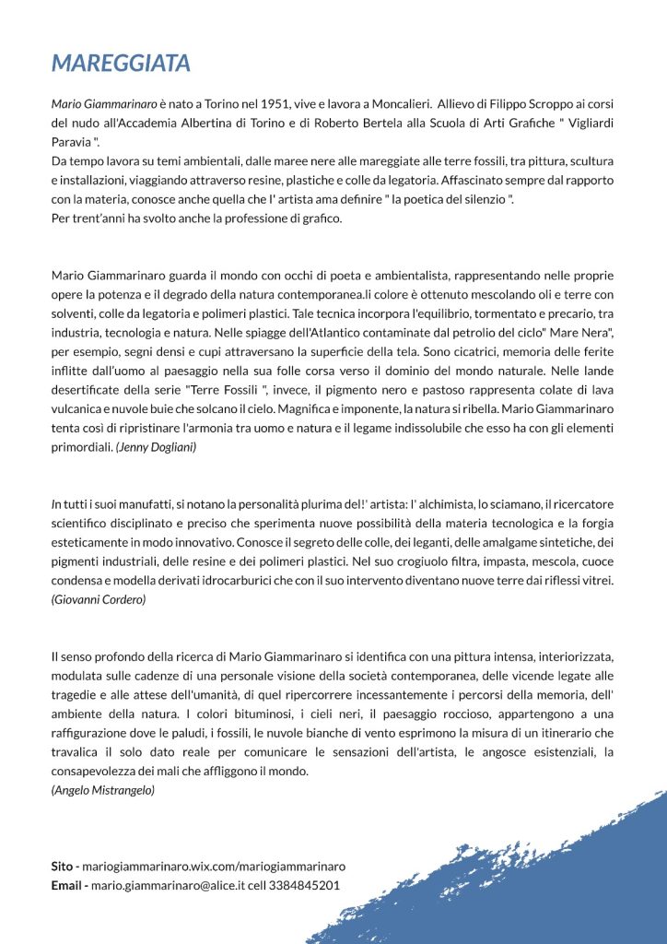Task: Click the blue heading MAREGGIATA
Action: [x=121, y=63]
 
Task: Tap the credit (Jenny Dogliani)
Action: [x=156, y=446]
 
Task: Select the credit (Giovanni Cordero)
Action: [x=99, y=599]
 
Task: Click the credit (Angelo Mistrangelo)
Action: [x=103, y=790]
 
